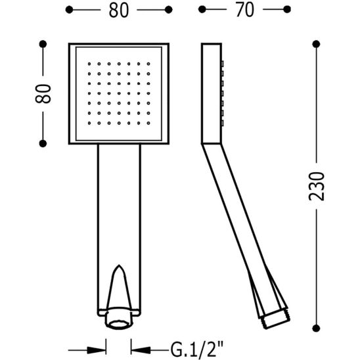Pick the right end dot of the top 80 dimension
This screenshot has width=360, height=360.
click(168, 11)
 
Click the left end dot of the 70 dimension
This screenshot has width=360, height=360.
click(202, 11)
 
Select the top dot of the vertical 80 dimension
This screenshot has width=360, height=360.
click(44, 43)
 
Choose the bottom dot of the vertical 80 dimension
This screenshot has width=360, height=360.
click(44, 142)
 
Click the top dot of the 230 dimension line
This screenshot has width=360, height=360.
click(316, 43)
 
